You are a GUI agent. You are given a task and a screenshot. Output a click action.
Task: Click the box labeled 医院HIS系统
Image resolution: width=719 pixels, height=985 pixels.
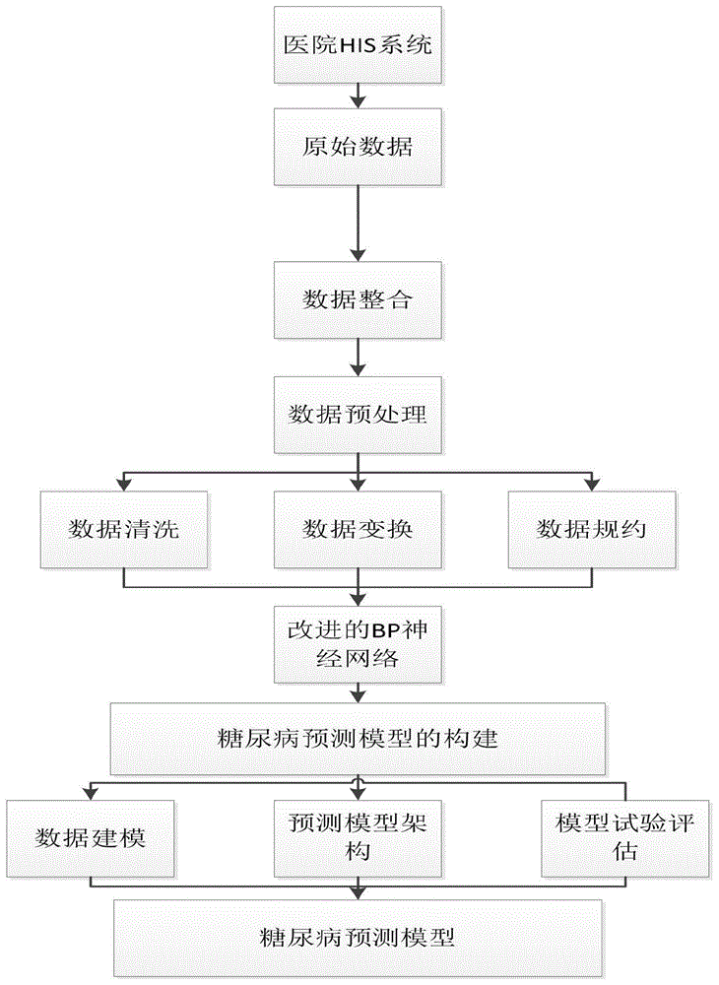click(x=358, y=45)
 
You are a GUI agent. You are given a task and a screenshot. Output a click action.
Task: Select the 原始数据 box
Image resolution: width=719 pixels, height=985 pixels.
click(x=358, y=150)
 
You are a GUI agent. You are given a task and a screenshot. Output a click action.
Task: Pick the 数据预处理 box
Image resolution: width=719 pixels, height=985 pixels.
click(x=358, y=414)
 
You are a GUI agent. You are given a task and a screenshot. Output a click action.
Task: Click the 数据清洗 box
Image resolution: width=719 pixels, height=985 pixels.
click(x=123, y=529)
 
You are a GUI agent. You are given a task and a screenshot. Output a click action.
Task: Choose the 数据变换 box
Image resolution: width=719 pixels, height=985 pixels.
click(x=358, y=529)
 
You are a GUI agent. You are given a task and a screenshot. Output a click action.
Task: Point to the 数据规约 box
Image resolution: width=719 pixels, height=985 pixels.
click(x=592, y=529)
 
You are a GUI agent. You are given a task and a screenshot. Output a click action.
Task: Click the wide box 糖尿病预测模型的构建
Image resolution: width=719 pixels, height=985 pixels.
click(x=358, y=738)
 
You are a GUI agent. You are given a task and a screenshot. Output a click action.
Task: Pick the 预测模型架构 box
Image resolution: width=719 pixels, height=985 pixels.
click(x=358, y=838)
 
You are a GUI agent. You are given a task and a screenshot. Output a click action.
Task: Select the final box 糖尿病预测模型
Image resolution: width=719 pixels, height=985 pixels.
click(x=358, y=935)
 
